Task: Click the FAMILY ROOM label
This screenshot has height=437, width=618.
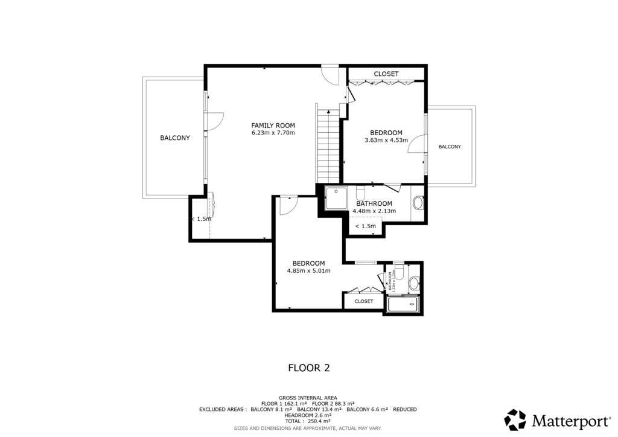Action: pos(273,126)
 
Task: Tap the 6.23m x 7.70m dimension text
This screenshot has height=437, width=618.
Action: pos(273,133)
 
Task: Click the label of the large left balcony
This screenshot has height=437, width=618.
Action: pos(174,138)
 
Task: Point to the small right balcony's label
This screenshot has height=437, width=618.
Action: pos(450,147)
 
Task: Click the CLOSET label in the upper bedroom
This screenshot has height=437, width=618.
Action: pos(386,74)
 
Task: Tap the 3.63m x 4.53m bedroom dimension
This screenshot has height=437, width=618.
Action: pos(386,140)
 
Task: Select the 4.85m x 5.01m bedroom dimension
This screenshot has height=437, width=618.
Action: pos(308,270)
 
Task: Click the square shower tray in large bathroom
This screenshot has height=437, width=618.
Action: pos(336,198)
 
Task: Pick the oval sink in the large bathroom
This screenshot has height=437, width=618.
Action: pos(418,203)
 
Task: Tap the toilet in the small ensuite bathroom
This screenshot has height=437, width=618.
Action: pos(414,282)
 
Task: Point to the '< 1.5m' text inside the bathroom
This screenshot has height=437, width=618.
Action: pos(365,226)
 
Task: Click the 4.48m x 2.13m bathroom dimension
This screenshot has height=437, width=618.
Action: pos(374,211)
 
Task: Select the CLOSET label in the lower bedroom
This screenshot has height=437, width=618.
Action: pos(364,301)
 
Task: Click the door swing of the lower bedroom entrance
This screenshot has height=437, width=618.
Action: pos(287,204)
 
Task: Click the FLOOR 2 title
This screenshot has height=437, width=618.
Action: pos(308,367)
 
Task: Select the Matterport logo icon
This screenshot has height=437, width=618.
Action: pos(515,420)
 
